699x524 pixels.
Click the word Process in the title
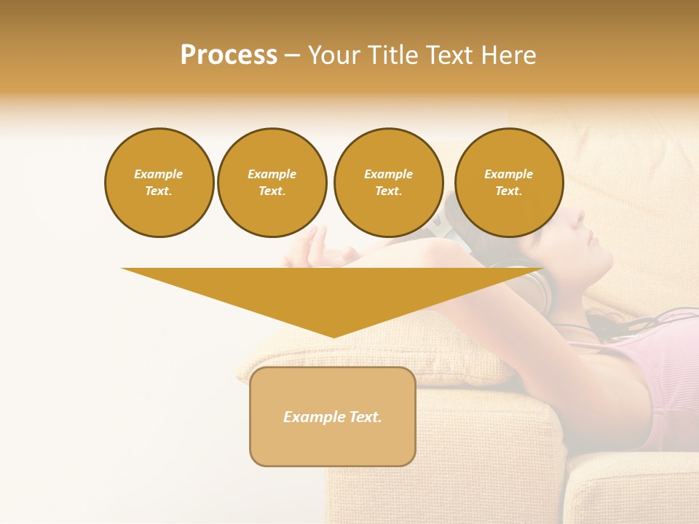229,55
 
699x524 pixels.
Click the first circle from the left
159,183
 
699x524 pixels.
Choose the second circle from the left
272,183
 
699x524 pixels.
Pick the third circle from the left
388,183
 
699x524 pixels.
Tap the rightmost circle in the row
509,183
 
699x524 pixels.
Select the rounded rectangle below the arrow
333,416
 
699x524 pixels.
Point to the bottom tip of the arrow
333,336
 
